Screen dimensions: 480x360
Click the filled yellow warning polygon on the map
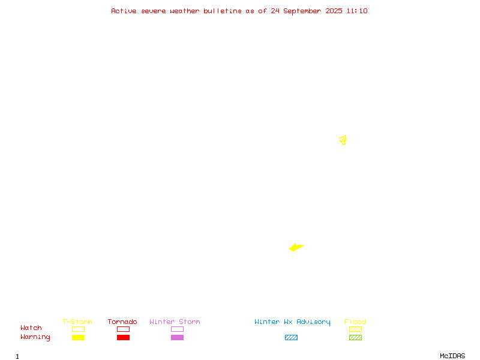click(x=296, y=247)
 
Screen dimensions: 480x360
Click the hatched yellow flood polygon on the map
click(x=343, y=140)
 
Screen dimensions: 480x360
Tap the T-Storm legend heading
click(x=77, y=322)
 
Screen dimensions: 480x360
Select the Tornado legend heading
click(x=122, y=322)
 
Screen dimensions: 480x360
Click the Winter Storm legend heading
click(x=175, y=322)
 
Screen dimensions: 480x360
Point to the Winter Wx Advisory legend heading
click(x=292, y=322)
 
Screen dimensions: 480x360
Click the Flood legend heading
click(x=355, y=322)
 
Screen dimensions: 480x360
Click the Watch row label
click(x=31, y=328)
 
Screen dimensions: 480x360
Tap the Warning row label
click(x=35, y=337)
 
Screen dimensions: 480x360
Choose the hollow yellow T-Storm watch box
click(x=79, y=329)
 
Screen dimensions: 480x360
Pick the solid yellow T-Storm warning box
click(x=79, y=337)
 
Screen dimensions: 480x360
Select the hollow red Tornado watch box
click(x=124, y=329)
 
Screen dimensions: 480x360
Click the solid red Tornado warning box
click(x=124, y=337)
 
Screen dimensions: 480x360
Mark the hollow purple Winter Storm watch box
click(x=177, y=329)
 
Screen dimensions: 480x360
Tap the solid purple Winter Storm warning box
click(x=177, y=337)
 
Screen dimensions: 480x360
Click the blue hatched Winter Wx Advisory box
click(x=291, y=337)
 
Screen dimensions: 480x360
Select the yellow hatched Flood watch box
click(x=355, y=329)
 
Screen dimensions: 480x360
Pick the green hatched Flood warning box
click(x=355, y=337)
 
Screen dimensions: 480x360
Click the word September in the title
click(x=302, y=11)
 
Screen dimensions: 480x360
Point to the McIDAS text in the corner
click(x=452, y=356)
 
